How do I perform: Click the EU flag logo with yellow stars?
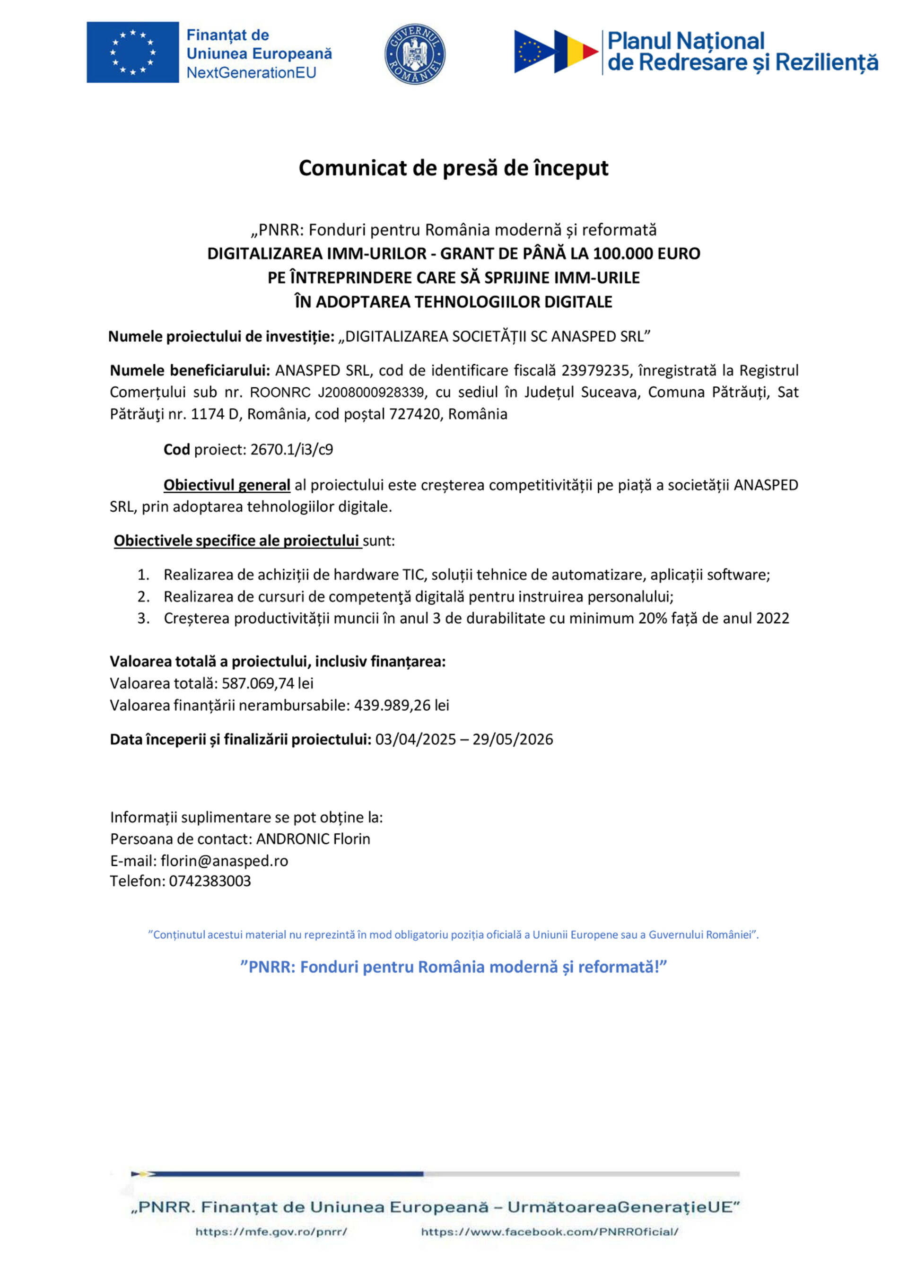point(132,52)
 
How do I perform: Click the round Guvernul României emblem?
point(415,54)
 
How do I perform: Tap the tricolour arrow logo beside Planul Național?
point(556,52)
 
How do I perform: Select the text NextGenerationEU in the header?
point(251,73)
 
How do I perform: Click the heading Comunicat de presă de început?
point(454,168)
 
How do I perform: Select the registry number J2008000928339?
point(371,393)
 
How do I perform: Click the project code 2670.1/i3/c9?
point(291,450)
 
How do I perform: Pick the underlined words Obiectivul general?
point(227,485)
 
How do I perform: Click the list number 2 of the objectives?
point(144,597)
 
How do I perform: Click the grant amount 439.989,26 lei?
point(402,705)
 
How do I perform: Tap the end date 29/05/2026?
point(512,739)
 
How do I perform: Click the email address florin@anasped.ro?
point(224,861)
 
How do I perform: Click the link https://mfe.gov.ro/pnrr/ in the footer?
point(271,1232)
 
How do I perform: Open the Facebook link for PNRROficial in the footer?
point(549,1232)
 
